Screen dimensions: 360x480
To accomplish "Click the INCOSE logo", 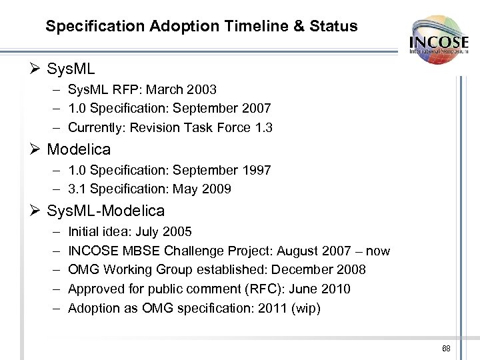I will (439, 39).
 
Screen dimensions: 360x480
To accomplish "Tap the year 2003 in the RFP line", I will (202, 89).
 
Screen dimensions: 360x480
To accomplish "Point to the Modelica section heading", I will (79, 149).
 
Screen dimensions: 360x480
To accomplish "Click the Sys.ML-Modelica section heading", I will (105, 211).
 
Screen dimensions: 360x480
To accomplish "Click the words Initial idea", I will (97, 232).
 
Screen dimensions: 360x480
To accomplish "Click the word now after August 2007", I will (377, 251).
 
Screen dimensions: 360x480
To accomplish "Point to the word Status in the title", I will (337, 27).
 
